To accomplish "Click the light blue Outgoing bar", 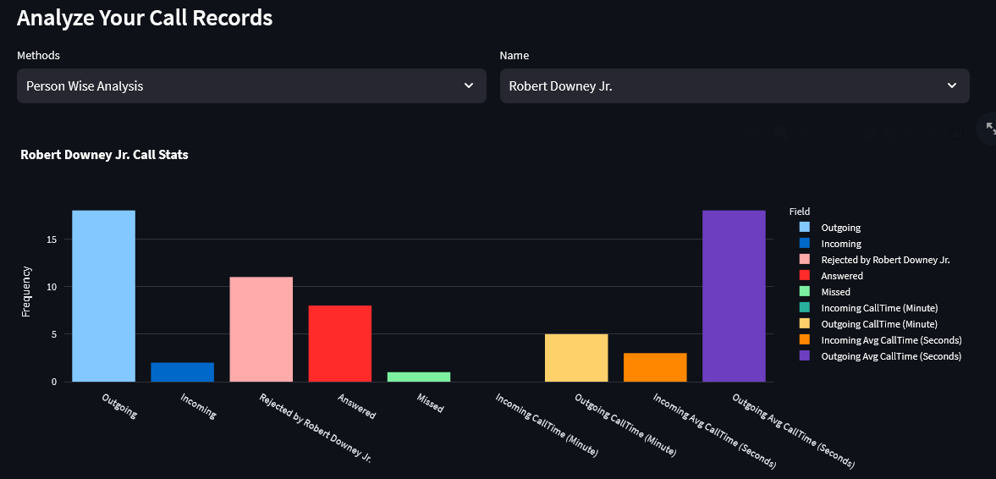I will tap(103, 296).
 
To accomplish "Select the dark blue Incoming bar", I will tap(182, 372).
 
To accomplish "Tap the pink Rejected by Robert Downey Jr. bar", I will tap(261, 329).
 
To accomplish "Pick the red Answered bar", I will tap(339, 344).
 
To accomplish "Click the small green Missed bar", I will tap(418, 377).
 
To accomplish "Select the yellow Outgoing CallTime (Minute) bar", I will tap(575, 358).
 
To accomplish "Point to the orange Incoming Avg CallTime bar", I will tap(654, 367).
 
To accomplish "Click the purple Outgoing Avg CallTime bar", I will tap(733, 296).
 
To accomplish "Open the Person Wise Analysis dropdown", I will tap(251, 86).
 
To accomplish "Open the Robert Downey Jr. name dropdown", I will tap(734, 86).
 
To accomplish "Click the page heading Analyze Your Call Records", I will tap(145, 18).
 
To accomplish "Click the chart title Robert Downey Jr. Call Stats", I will tap(104, 155).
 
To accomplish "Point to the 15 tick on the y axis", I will tap(52, 239).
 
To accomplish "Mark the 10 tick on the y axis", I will tap(52, 287).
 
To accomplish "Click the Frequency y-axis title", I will tap(25, 291).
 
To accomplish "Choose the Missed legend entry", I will tap(835, 292).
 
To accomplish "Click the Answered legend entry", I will tap(841, 276).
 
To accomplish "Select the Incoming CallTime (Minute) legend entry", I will tap(878, 308).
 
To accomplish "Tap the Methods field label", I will tap(38, 56).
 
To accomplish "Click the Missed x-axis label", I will tap(430, 403).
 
